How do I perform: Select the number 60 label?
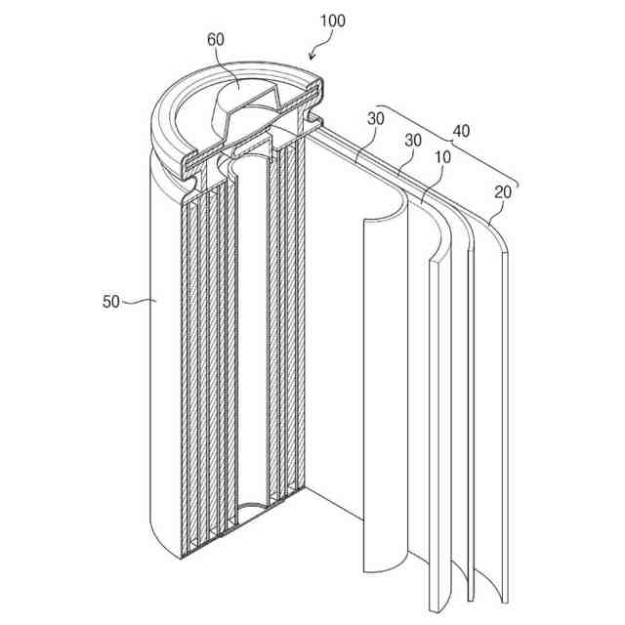(x=216, y=40)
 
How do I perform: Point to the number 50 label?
(x=110, y=302)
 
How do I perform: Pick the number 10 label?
(x=442, y=157)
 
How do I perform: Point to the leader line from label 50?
(x=137, y=302)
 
